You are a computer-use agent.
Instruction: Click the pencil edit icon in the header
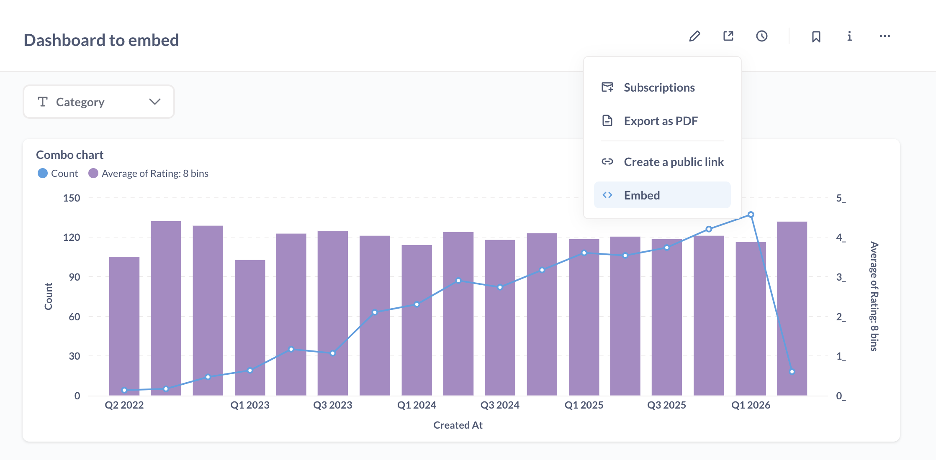pos(694,36)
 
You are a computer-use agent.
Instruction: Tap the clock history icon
pos(761,36)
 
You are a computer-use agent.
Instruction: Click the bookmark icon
pos(816,37)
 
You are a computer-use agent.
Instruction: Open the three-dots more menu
pos(885,36)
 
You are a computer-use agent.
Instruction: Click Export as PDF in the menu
pos(660,121)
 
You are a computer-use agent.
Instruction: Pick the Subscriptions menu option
pos(658,87)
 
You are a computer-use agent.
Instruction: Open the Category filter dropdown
pos(99,102)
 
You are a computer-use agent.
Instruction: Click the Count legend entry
pos(58,174)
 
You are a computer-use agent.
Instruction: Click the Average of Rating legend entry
pos(149,174)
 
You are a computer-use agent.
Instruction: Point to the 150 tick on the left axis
pos(72,198)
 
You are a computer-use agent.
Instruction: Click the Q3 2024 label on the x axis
pos(500,405)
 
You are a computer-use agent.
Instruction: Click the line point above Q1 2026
pos(751,215)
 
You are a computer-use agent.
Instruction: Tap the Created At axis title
pos(458,425)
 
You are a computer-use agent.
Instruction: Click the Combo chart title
pos(70,155)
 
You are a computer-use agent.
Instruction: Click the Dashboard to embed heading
pos(101,40)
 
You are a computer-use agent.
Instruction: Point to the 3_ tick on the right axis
pos(841,277)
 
